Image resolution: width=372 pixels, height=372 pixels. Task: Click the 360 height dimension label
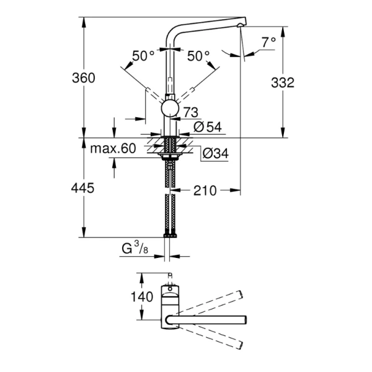click(x=82, y=77)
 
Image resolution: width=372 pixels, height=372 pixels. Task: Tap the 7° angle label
click(x=268, y=42)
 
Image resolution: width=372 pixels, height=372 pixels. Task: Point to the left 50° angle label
click(x=143, y=56)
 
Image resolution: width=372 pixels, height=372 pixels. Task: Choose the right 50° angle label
click(x=199, y=56)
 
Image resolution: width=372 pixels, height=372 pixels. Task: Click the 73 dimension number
click(x=190, y=112)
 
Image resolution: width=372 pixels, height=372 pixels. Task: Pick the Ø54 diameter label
click(x=208, y=127)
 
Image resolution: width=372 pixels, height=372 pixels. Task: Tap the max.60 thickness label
click(x=112, y=148)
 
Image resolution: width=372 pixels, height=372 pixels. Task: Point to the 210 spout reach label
click(x=204, y=190)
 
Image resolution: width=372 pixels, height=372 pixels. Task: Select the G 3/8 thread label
click(x=135, y=249)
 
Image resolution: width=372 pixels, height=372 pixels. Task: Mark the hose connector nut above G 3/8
click(x=169, y=234)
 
